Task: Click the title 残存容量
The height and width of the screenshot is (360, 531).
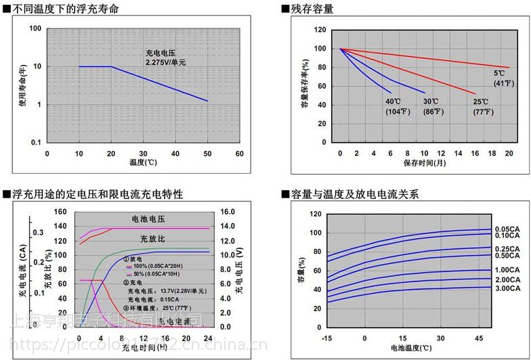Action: pos(311,10)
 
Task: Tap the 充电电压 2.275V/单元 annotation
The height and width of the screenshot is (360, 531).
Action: pos(165,57)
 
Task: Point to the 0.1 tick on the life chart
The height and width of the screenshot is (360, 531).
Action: pos(36,141)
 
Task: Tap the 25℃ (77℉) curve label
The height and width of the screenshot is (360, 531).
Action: pos(482,106)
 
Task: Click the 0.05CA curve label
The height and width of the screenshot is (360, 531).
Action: pos(508,229)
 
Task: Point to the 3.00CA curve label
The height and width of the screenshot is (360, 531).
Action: pos(508,288)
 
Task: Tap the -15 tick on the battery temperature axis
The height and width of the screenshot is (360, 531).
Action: pos(327,338)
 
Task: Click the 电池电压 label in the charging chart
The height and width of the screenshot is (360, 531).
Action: pos(148,220)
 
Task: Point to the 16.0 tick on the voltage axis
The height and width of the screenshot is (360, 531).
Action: pos(227,211)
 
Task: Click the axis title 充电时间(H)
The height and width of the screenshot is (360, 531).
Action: pos(144,349)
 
